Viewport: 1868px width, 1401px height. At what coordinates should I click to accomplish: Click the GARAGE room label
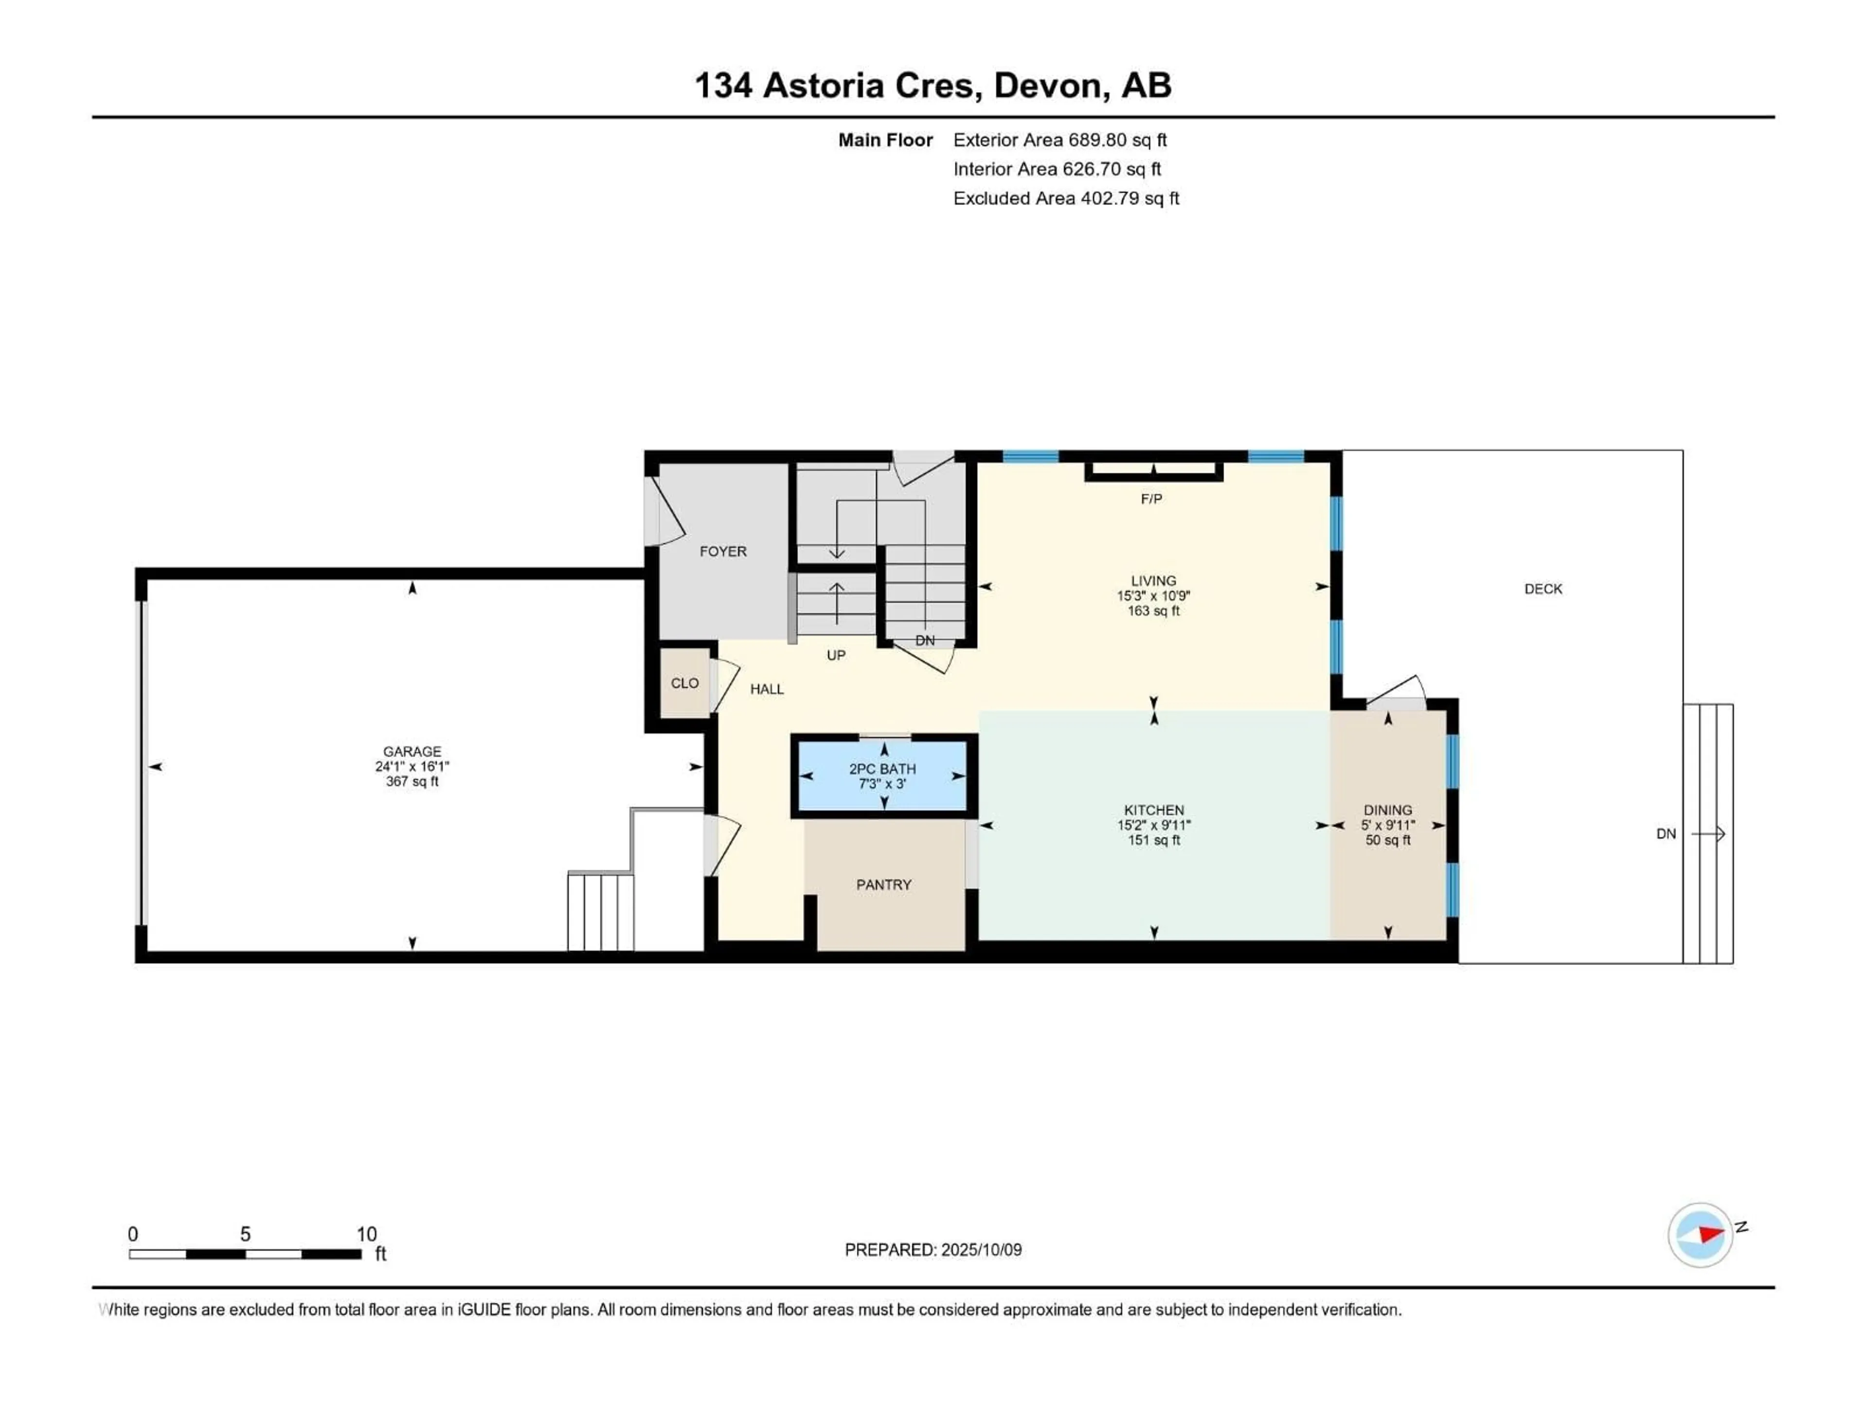(x=412, y=751)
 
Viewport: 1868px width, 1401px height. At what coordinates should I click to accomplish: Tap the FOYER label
(x=723, y=552)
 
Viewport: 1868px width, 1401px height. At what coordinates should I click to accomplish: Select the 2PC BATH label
(x=882, y=769)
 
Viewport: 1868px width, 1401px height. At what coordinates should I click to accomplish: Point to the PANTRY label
(x=883, y=884)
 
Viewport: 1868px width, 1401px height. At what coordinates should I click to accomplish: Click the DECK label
(x=1543, y=589)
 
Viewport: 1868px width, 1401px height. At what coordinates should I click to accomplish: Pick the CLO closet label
(x=685, y=683)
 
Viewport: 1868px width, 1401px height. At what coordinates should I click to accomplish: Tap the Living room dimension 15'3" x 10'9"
(x=1153, y=595)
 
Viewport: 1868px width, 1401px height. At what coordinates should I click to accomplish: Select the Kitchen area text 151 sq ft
(x=1153, y=840)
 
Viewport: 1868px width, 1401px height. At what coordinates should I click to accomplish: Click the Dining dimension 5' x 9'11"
(x=1387, y=825)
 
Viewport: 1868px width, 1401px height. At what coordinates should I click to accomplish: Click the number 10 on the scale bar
(x=366, y=1234)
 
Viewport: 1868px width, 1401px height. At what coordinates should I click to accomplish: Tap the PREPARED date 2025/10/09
(x=981, y=1250)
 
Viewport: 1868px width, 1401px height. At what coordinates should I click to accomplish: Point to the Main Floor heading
(x=885, y=140)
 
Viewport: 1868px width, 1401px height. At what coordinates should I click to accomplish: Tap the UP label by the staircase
(x=836, y=655)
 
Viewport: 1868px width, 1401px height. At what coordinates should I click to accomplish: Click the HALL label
(x=767, y=689)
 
